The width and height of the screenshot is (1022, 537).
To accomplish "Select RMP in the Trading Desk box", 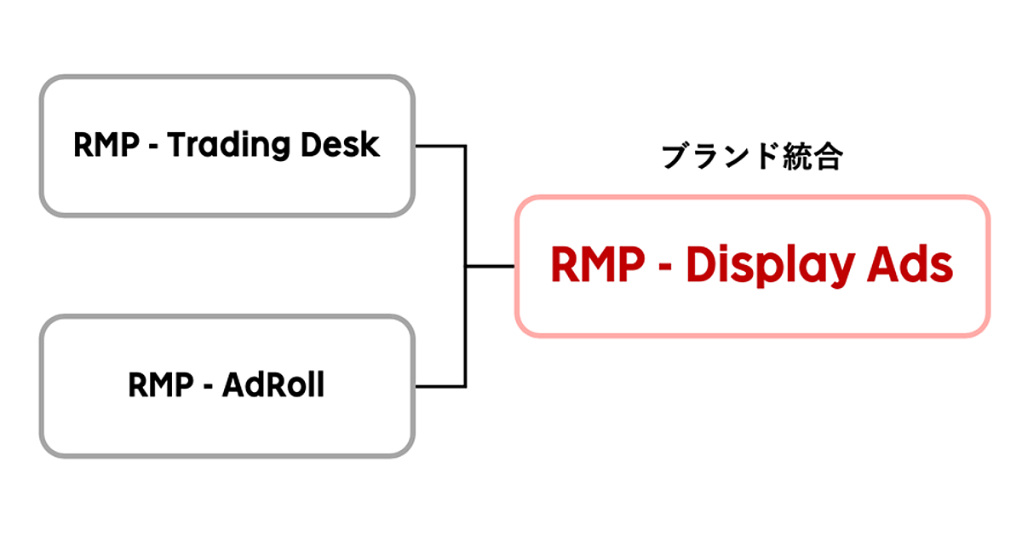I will pos(105,146).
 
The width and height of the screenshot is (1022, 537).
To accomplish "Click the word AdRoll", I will pos(273,386).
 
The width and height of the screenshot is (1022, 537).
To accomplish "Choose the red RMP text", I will pos(598,266).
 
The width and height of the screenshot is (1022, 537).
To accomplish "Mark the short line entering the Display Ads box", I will pos(490,266).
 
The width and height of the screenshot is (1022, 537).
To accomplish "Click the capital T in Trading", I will pos(175,146).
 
